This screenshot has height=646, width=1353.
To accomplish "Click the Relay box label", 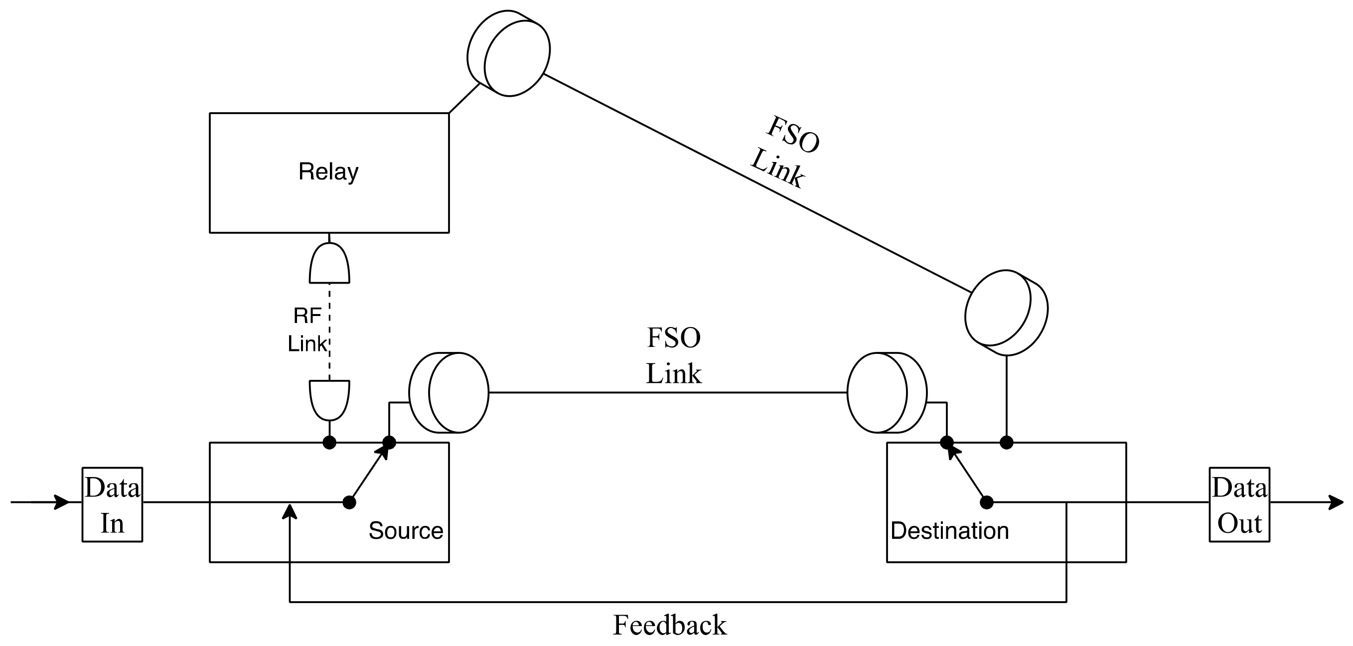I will (328, 172).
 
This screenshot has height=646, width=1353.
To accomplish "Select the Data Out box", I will (1239, 505).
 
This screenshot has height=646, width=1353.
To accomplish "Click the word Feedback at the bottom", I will (670, 625).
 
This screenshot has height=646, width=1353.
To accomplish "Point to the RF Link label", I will (308, 330).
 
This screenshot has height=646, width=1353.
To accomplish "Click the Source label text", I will (406, 531).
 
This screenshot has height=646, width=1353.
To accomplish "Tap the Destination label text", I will (950, 531).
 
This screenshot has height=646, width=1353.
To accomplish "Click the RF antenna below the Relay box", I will (329, 264).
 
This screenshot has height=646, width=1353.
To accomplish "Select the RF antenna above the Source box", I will (329, 400).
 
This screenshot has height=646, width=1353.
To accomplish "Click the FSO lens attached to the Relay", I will (508, 53).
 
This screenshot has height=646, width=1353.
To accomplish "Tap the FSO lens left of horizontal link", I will (449, 392).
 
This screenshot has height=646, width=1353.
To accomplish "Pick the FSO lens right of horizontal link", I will (887, 392).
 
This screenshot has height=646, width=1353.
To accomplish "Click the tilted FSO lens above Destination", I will (1006, 313).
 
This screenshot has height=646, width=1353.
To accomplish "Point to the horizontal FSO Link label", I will (673, 356).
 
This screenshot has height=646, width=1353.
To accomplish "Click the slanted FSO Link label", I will (785, 153).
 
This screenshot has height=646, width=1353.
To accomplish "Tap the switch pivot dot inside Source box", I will (349, 502).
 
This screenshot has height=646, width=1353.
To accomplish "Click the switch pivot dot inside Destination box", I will (987, 502).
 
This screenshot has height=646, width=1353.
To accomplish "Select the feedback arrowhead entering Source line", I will (290, 511).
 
